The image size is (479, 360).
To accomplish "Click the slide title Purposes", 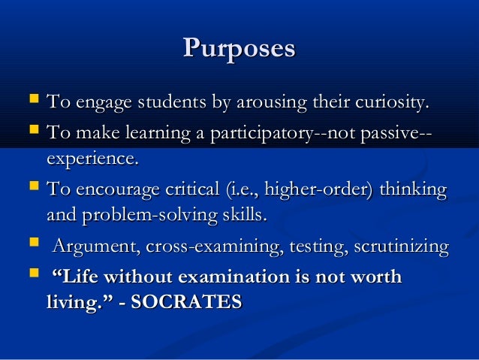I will (239, 49).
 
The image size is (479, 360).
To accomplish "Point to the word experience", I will (92, 159).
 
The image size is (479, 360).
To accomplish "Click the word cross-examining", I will (201, 247).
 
